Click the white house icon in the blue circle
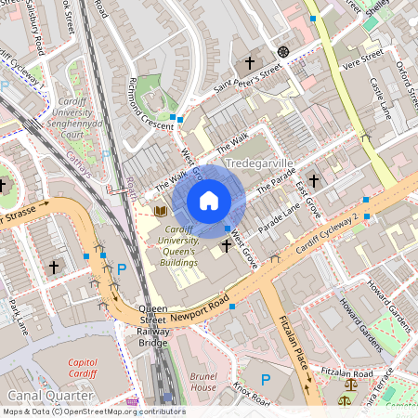tap(209, 201)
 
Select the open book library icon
tap(159, 211)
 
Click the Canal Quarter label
tap(37, 397)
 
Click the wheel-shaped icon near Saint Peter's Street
tap(283, 51)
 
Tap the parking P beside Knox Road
tap(268, 379)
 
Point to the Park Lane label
tap(19, 316)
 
